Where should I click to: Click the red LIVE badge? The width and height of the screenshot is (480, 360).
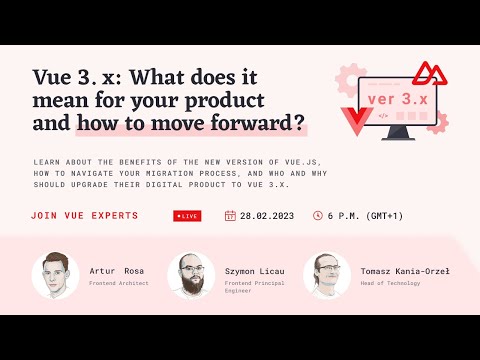point(186,215)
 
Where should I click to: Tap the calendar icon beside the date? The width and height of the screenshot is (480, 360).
point(231,215)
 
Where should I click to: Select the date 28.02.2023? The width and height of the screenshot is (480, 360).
point(266,215)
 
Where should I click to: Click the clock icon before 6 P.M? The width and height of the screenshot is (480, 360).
point(318,215)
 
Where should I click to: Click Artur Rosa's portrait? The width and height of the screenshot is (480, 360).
point(56,275)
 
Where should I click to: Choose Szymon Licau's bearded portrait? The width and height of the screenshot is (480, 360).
point(190,275)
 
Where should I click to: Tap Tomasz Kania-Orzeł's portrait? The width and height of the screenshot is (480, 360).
point(327,275)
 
